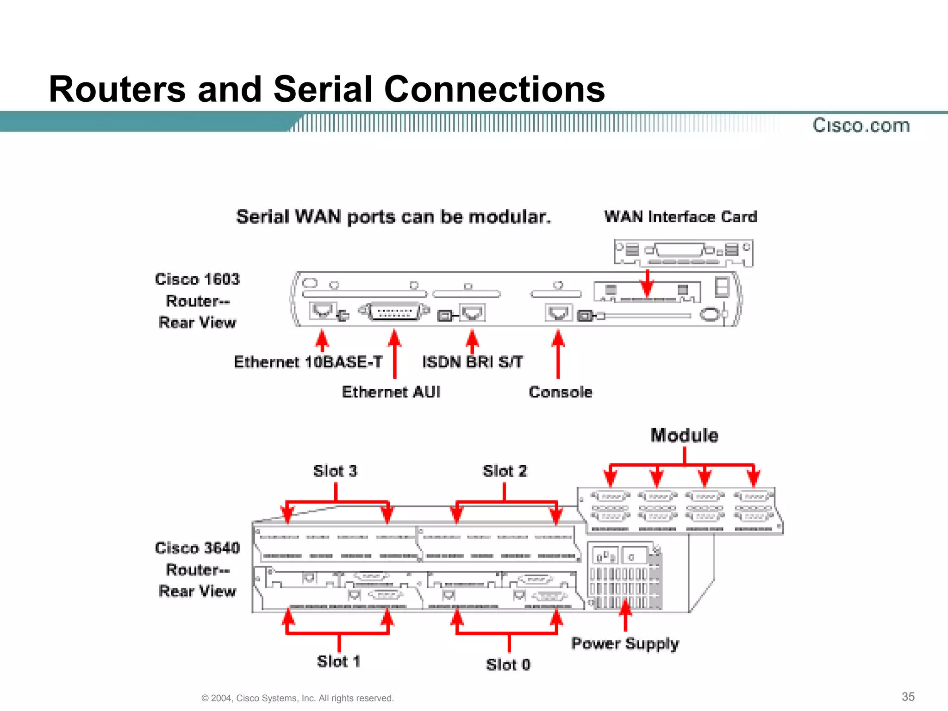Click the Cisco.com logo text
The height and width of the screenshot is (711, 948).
(x=861, y=125)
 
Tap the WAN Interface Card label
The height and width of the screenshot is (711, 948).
(x=680, y=217)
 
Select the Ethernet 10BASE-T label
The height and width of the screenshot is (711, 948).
(x=308, y=362)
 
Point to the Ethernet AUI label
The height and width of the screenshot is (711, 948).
(x=391, y=392)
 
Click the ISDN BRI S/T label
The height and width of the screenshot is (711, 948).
(x=473, y=362)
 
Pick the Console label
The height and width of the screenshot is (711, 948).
(x=561, y=392)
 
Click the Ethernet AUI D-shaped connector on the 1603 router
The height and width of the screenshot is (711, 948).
(x=393, y=312)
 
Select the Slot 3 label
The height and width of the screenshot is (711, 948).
(x=335, y=471)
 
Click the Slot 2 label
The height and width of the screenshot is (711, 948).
(x=505, y=471)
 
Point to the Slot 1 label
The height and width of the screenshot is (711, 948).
(x=338, y=661)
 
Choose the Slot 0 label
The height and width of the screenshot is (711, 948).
(x=508, y=665)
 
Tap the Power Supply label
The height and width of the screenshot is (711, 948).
(x=625, y=643)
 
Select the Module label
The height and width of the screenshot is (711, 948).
(x=684, y=436)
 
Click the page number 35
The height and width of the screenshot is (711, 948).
(x=908, y=697)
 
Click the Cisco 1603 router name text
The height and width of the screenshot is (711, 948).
(x=197, y=279)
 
